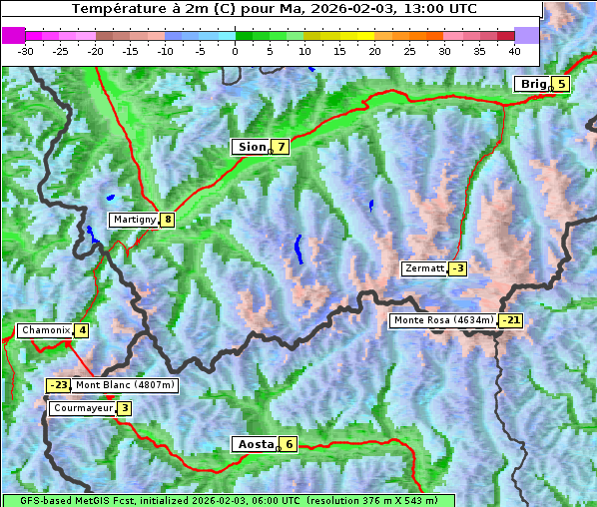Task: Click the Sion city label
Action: (x=251, y=147)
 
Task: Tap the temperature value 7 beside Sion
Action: (x=282, y=147)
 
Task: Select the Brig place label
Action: (x=533, y=84)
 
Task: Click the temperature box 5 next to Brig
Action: (x=562, y=84)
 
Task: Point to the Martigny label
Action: (x=134, y=220)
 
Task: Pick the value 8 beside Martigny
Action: (x=168, y=220)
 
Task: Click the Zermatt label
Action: (x=424, y=268)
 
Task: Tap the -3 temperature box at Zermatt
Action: (x=457, y=268)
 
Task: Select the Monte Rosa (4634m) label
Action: (x=443, y=320)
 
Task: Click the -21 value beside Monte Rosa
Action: (x=510, y=320)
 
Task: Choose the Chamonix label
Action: (x=45, y=330)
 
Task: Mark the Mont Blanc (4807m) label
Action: (x=125, y=385)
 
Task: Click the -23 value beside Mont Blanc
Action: (x=59, y=385)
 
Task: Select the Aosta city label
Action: (x=254, y=444)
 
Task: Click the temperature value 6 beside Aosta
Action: (x=289, y=444)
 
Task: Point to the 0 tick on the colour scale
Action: (x=235, y=50)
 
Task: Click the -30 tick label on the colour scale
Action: (x=26, y=50)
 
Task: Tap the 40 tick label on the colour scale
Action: (x=514, y=50)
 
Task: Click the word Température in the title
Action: (x=116, y=8)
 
